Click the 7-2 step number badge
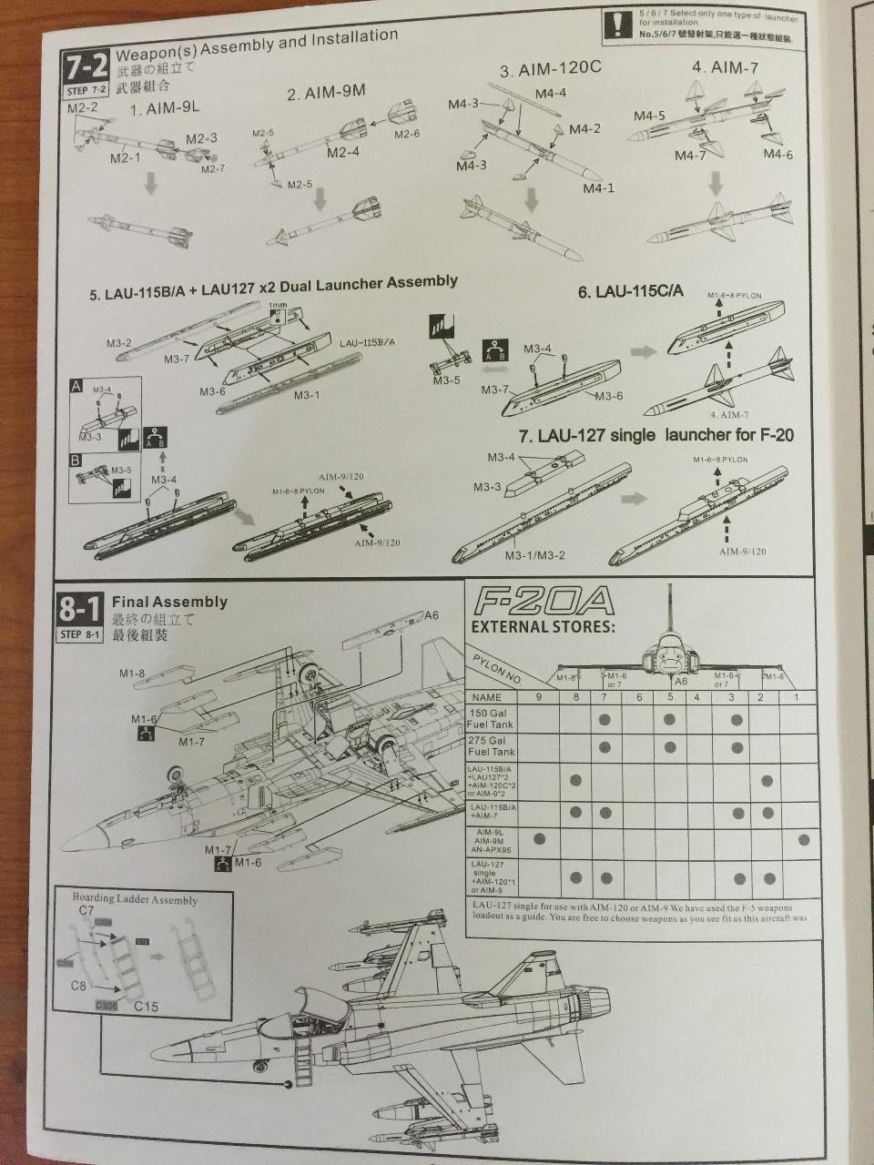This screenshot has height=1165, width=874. pos(86,67)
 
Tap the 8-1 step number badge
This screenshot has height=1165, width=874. pos(81,608)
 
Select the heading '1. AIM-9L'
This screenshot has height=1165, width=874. pos(165,109)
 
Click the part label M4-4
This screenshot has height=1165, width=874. pos(550,93)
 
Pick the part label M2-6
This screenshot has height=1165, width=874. pos(407,135)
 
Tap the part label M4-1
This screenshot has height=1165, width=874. pos(599,188)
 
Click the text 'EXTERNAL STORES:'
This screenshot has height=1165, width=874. pos(542,626)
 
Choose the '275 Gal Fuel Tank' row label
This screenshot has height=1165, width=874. pos(491,746)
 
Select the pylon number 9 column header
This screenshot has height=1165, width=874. pos(538,697)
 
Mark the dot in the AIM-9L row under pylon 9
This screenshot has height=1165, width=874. pos(539,837)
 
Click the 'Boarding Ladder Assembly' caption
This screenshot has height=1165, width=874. pos(135,899)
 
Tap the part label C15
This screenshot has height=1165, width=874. pos(146,1007)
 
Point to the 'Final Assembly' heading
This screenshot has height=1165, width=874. pos(169,602)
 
